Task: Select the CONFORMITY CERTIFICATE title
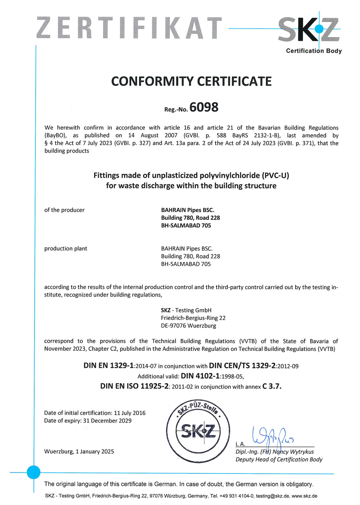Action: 191,81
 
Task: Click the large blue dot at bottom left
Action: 34,473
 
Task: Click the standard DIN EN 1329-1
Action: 109,365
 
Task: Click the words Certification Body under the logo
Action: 313,51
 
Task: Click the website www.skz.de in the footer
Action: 304,496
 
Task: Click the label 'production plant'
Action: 66,248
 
